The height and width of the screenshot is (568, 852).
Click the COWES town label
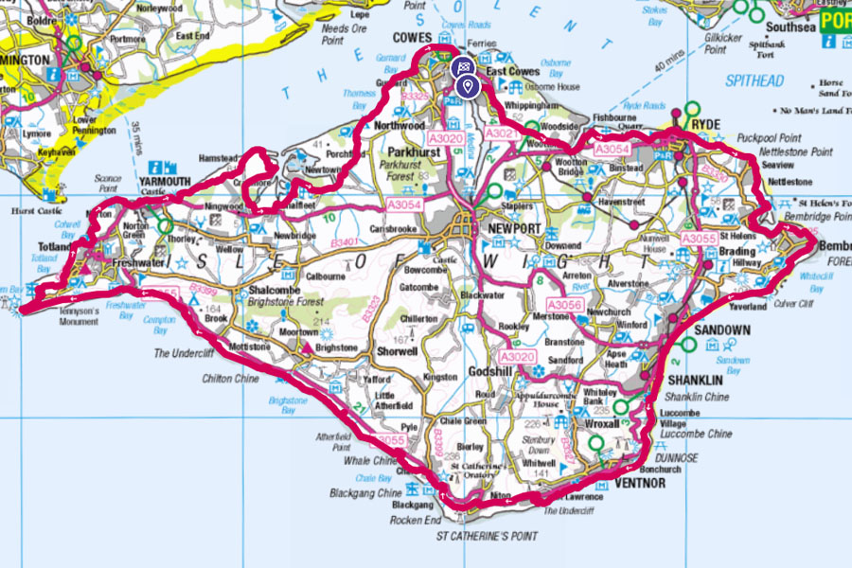point(412,37)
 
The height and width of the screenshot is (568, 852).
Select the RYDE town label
point(706,124)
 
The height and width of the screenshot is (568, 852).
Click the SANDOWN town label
point(721,330)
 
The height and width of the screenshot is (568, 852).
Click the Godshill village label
point(490,372)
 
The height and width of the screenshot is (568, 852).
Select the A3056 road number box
point(564,305)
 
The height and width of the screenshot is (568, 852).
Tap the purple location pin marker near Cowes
point(466,87)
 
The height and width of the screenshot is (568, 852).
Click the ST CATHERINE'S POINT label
point(486,536)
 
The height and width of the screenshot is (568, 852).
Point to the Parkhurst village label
point(413,151)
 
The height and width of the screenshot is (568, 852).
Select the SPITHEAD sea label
point(754,81)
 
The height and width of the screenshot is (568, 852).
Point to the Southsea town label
point(791,27)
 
